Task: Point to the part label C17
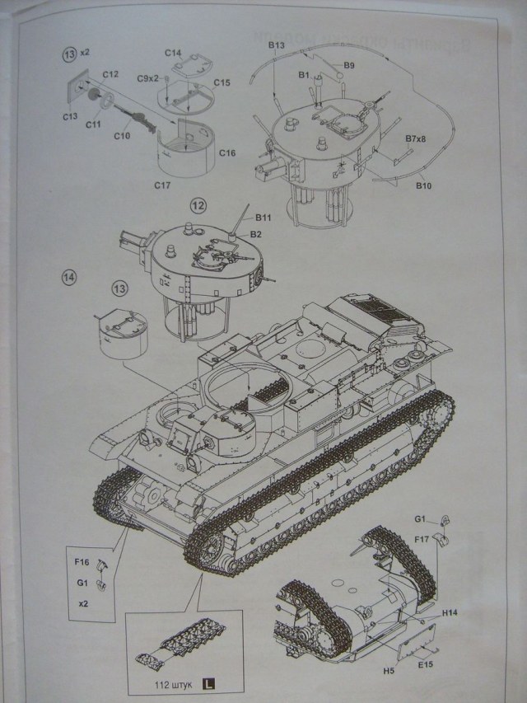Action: click(x=161, y=185)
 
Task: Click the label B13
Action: click(x=276, y=45)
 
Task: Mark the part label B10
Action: click(x=424, y=187)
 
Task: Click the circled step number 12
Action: click(x=197, y=204)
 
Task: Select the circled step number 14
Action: click(x=68, y=277)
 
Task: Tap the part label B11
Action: click(x=263, y=218)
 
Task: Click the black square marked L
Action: click(x=209, y=682)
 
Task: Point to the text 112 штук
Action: click(x=174, y=683)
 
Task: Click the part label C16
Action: click(x=227, y=152)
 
